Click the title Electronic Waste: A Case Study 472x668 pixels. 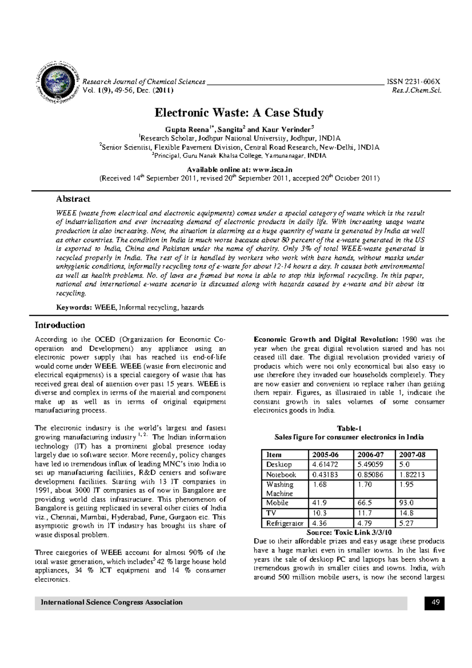click(x=239, y=113)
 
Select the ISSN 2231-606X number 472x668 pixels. click(x=413, y=82)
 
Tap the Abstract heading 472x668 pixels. click(x=73, y=199)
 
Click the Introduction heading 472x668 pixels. click(x=60, y=325)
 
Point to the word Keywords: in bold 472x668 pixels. click(x=74, y=307)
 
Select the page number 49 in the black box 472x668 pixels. click(x=435, y=602)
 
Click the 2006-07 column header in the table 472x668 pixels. click(x=371, y=454)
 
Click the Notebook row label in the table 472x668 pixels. click(x=281, y=474)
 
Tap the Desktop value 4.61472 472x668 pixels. click(x=325, y=465)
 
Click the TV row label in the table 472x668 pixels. click(x=271, y=513)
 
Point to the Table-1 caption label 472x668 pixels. click(x=349, y=428)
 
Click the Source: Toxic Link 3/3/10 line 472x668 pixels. click(x=349, y=532)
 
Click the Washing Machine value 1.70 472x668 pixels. click(x=365, y=485)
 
